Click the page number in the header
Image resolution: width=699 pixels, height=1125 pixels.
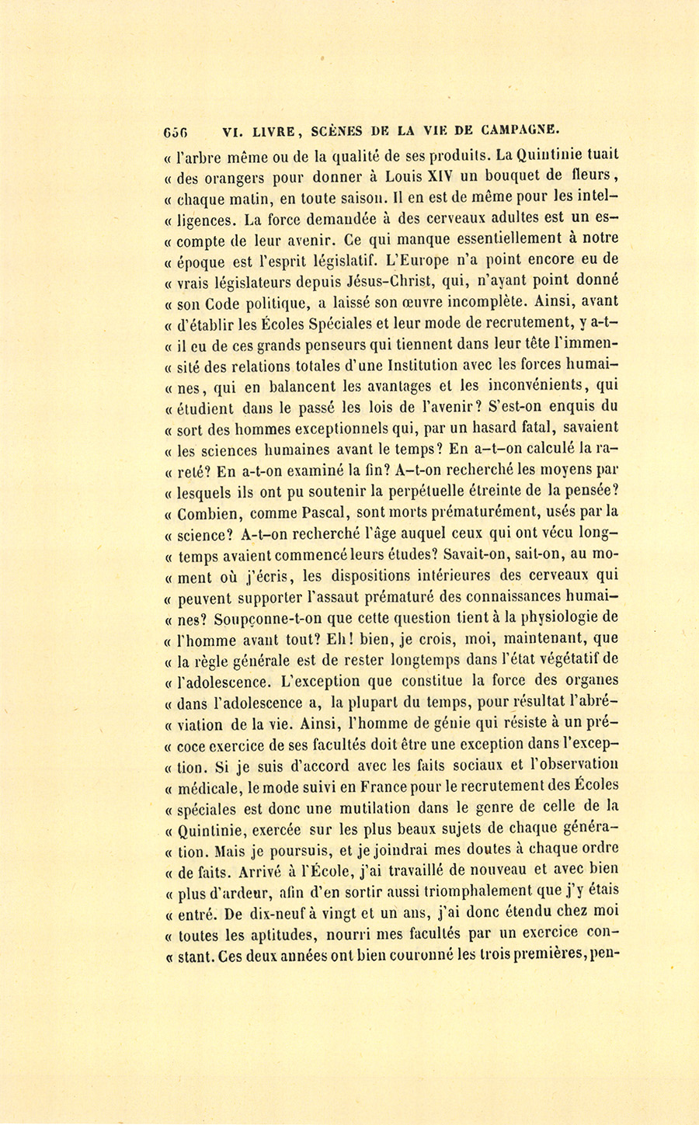pos(176,131)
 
